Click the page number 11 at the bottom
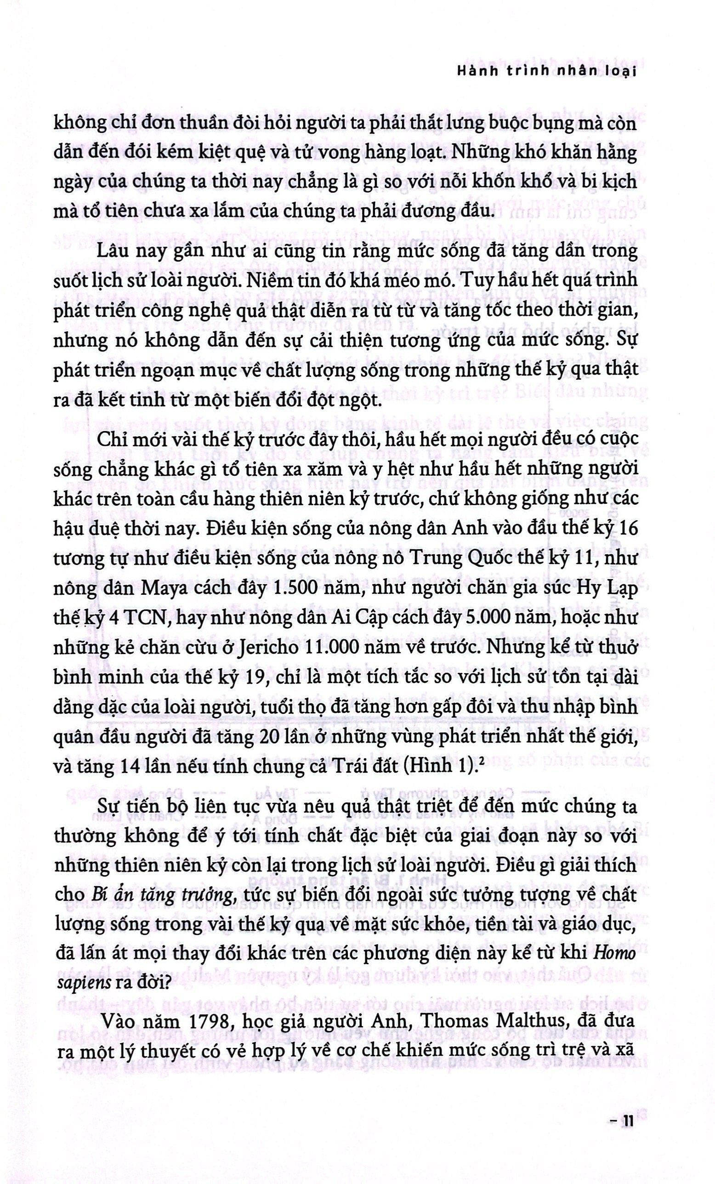pos(628,1146)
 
